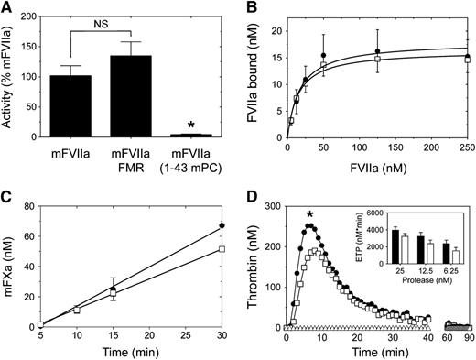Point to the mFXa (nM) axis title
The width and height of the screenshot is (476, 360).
point(11,263)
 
